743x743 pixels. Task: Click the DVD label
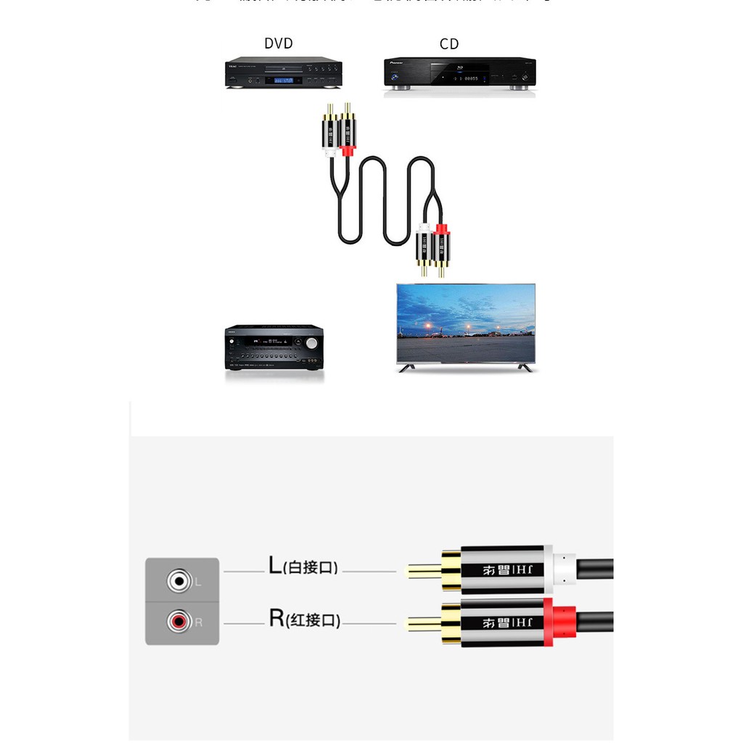pyautogui.click(x=279, y=44)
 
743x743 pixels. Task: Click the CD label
pyautogui.click(x=449, y=44)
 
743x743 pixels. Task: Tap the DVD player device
pyautogui.click(x=284, y=73)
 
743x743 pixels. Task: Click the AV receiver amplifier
pyautogui.click(x=274, y=348)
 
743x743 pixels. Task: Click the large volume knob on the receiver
pyautogui.click(x=312, y=343)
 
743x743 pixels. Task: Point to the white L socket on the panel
pyautogui.click(x=178, y=581)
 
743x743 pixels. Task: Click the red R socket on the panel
pyautogui.click(x=178, y=622)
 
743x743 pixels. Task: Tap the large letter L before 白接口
pyautogui.click(x=275, y=566)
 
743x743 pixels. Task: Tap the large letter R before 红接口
pyautogui.click(x=276, y=618)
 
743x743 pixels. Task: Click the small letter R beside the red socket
pyautogui.click(x=199, y=623)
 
